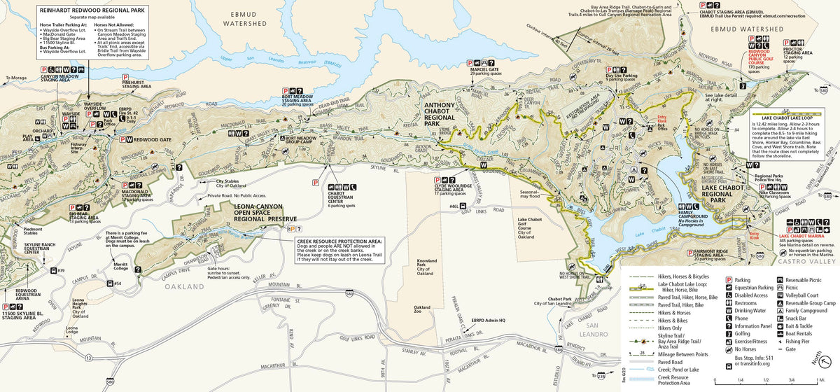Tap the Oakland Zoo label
422,310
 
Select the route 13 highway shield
89,357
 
